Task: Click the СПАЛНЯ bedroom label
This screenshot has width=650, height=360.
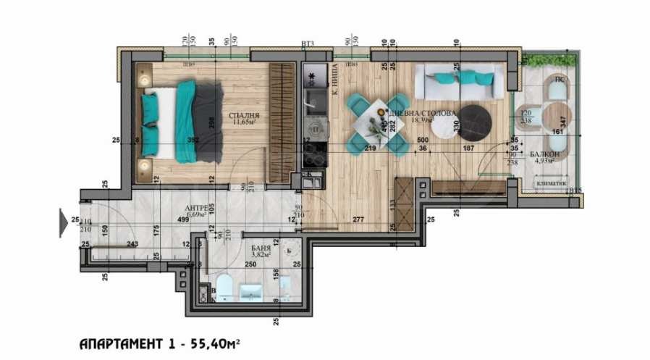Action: point(243,114)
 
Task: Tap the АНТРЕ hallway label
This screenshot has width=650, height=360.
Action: point(196,205)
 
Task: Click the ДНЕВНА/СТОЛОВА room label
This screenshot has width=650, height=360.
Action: point(433,114)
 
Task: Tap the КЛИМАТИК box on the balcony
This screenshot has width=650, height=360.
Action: point(551,184)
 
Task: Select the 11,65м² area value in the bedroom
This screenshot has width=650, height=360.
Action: point(243,122)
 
